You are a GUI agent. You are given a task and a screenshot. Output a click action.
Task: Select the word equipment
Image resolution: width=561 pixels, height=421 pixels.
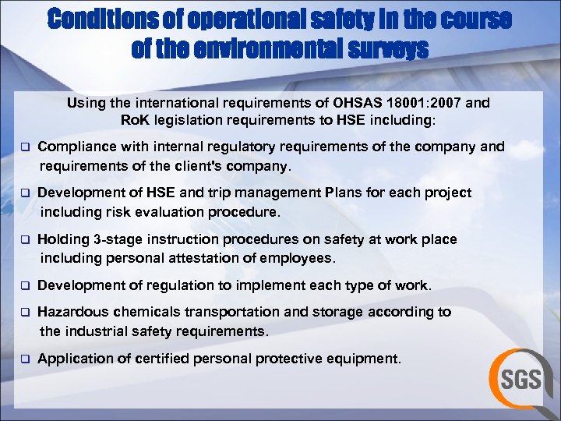[367, 359]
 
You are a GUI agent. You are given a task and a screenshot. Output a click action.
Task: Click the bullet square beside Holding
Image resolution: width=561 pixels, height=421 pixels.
[24, 240]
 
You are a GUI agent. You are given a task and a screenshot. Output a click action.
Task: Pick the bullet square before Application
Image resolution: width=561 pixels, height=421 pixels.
[24, 359]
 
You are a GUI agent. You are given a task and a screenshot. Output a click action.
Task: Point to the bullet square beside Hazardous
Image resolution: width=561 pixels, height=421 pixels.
[24, 313]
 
